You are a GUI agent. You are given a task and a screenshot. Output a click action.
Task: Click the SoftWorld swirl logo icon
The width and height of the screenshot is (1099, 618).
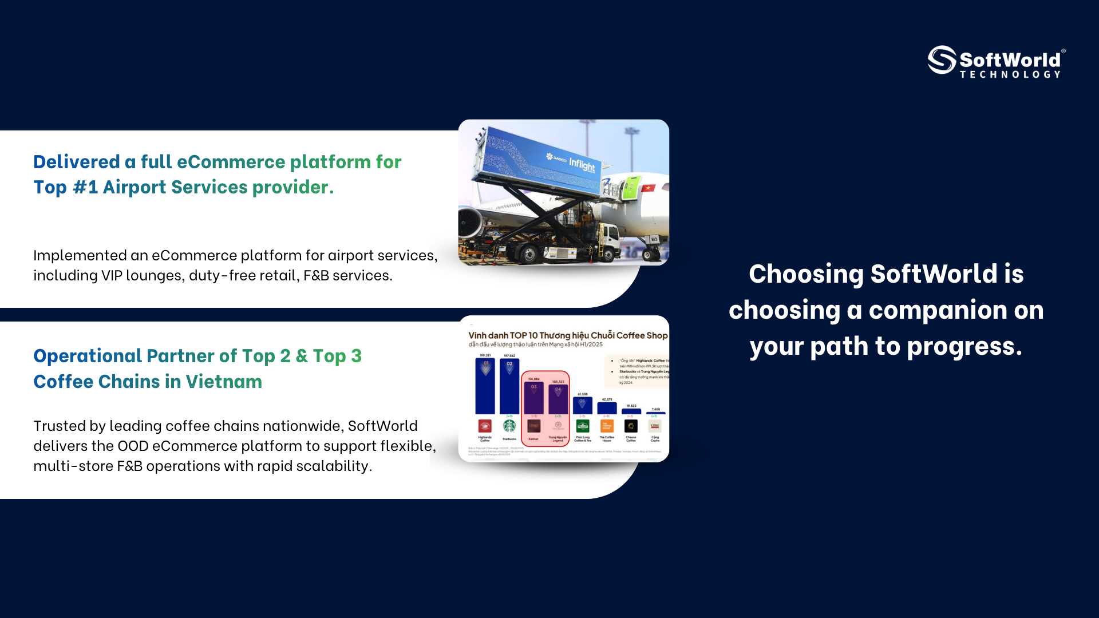(942, 60)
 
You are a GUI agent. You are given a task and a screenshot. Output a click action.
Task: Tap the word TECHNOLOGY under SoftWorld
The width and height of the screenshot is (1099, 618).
(1010, 74)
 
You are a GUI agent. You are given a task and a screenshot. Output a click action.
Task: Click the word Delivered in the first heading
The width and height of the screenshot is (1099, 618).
(76, 162)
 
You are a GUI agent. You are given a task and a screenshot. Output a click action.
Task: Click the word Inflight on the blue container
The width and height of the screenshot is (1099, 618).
(582, 165)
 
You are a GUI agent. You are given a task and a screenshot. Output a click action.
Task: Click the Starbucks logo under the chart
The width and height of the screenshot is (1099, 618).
(509, 426)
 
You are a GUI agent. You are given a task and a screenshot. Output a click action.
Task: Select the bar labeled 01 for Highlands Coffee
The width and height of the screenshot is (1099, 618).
(485, 386)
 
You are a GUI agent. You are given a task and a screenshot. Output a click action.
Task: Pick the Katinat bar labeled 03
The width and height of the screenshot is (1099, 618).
(533, 398)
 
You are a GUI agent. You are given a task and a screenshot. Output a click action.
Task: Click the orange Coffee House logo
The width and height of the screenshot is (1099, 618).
(607, 426)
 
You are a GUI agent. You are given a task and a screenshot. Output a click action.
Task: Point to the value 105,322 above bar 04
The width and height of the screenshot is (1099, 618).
(558, 382)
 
